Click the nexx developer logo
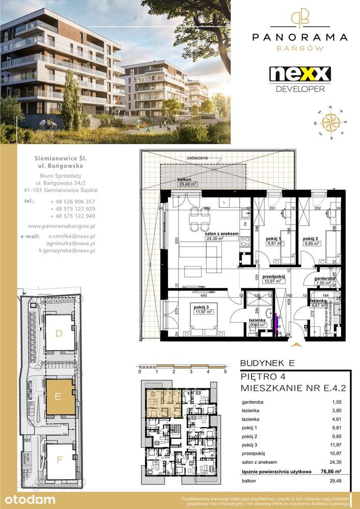pyautogui.click(x=299, y=78)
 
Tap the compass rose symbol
pyautogui.click(x=332, y=123)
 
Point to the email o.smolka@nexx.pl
pyautogui.click(x=71, y=237)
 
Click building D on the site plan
pyautogui.click(x=59, y=334)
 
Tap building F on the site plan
pyautogui.click(x=60, y=460)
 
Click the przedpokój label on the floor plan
pyautogui.click(x=273, y=278)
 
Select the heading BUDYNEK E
pyautogui.click(x=266, y=363)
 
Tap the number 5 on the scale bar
pyautogui.click(x=225, y=372)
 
